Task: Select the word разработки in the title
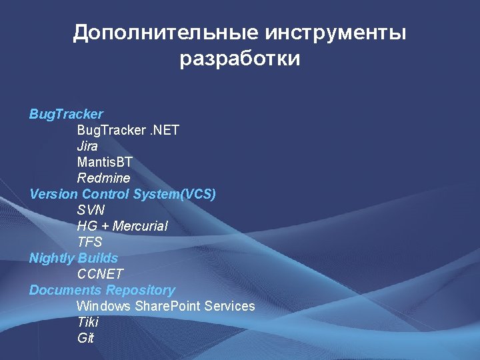pos(240,59)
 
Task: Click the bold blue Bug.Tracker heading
pos(66,114)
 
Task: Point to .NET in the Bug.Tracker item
pos(165,130)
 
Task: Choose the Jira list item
pos(87,146)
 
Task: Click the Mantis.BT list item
pos(105,162)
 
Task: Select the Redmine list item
pos(103,178)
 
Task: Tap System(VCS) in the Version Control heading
pos(174,194)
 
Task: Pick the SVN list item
pos(90,210)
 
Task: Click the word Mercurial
pos(140,226)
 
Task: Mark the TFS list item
pos(89,242)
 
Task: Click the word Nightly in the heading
pos(51,258)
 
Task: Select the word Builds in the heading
pos(98,258)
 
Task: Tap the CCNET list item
pos(100,274)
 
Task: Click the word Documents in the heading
pos(65,290)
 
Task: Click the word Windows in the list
pos(104,306)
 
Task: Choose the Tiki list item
pos(87,322)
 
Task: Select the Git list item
pos(85,338)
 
